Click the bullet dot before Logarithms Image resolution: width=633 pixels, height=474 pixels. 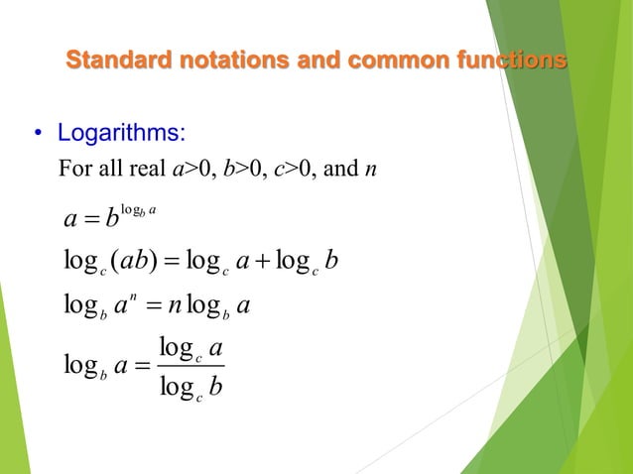pos(37,134)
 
